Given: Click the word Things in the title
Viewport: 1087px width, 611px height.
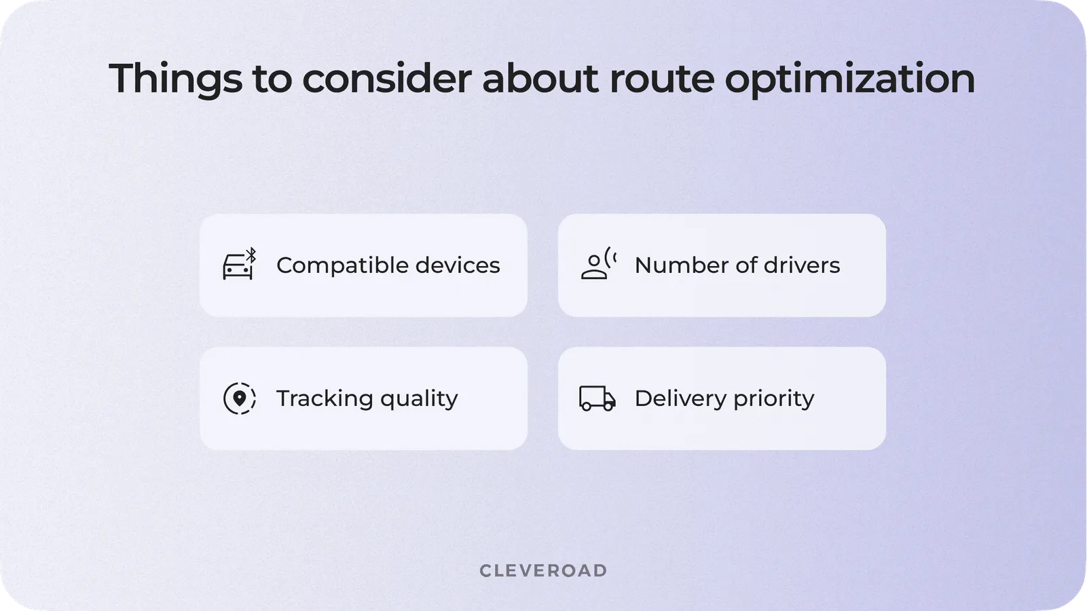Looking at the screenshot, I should (175, 79).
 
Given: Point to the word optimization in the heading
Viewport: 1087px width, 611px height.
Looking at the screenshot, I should (849, 79).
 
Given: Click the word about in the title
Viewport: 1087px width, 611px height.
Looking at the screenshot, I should (540, 78).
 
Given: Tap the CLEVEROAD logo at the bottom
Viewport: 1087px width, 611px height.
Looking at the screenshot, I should (543, 571).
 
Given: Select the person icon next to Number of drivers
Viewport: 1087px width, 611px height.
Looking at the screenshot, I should (595, 265).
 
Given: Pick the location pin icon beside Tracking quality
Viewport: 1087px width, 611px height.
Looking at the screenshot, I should (240, 398).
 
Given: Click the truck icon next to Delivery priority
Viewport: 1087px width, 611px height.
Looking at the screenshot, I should (597, 399).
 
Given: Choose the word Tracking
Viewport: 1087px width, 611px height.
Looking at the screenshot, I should (324, 398).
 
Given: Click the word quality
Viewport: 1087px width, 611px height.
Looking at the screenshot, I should (419, 399).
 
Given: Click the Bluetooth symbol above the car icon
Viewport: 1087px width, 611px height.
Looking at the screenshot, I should (251, 255).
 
